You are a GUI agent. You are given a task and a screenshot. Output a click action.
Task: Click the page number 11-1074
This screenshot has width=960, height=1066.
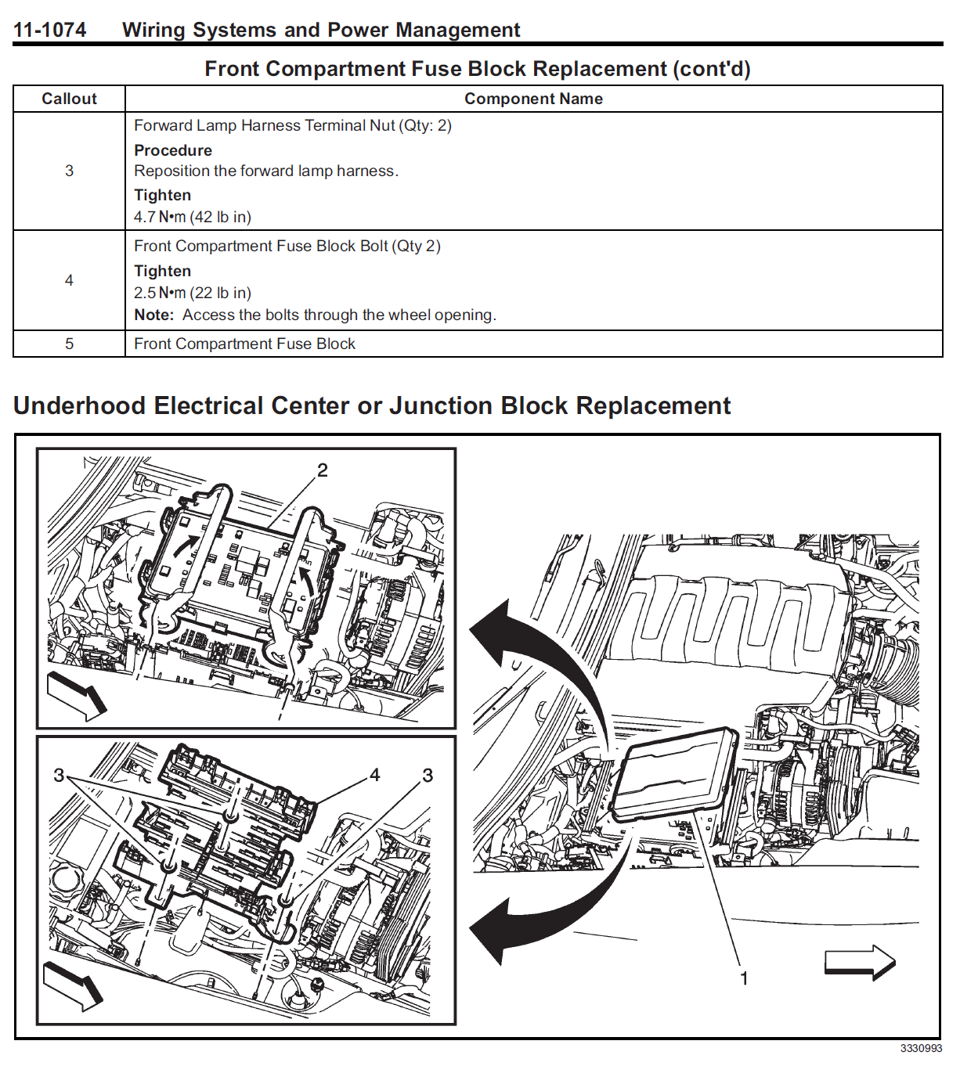coord(49,30)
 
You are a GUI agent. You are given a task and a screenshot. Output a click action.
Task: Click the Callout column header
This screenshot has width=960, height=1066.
coord(69,99)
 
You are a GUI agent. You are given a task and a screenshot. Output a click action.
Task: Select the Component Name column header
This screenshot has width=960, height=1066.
coord(533,99)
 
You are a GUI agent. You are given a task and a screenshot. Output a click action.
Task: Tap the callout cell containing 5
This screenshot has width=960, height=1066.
coord(69,344)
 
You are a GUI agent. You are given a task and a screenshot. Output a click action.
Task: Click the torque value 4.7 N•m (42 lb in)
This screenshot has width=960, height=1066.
coord(192,217)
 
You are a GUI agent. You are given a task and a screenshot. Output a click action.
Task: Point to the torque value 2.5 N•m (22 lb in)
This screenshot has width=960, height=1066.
coord(192,293)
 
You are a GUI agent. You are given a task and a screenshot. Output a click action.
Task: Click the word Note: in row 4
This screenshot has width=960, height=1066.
coord(153,315)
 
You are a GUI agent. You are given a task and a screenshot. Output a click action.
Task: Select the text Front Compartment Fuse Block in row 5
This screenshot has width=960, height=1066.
coord(244,344)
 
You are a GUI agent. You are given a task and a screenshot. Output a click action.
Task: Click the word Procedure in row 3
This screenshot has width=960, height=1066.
coord(173,150)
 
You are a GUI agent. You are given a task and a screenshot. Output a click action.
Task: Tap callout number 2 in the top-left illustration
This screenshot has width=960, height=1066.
coord(322,470)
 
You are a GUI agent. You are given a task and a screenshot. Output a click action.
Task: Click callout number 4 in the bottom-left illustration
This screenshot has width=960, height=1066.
coord(374,775)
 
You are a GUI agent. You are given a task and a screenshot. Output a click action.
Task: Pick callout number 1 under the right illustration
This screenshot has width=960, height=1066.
coord(744,978)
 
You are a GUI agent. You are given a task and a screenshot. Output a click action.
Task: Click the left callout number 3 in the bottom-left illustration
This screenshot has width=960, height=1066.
coord(59,775)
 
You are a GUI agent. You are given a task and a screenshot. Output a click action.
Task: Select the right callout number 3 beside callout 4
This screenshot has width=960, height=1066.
coord(428,775)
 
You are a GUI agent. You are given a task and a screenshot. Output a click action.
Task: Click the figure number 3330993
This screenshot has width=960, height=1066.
coord(921,1049)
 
